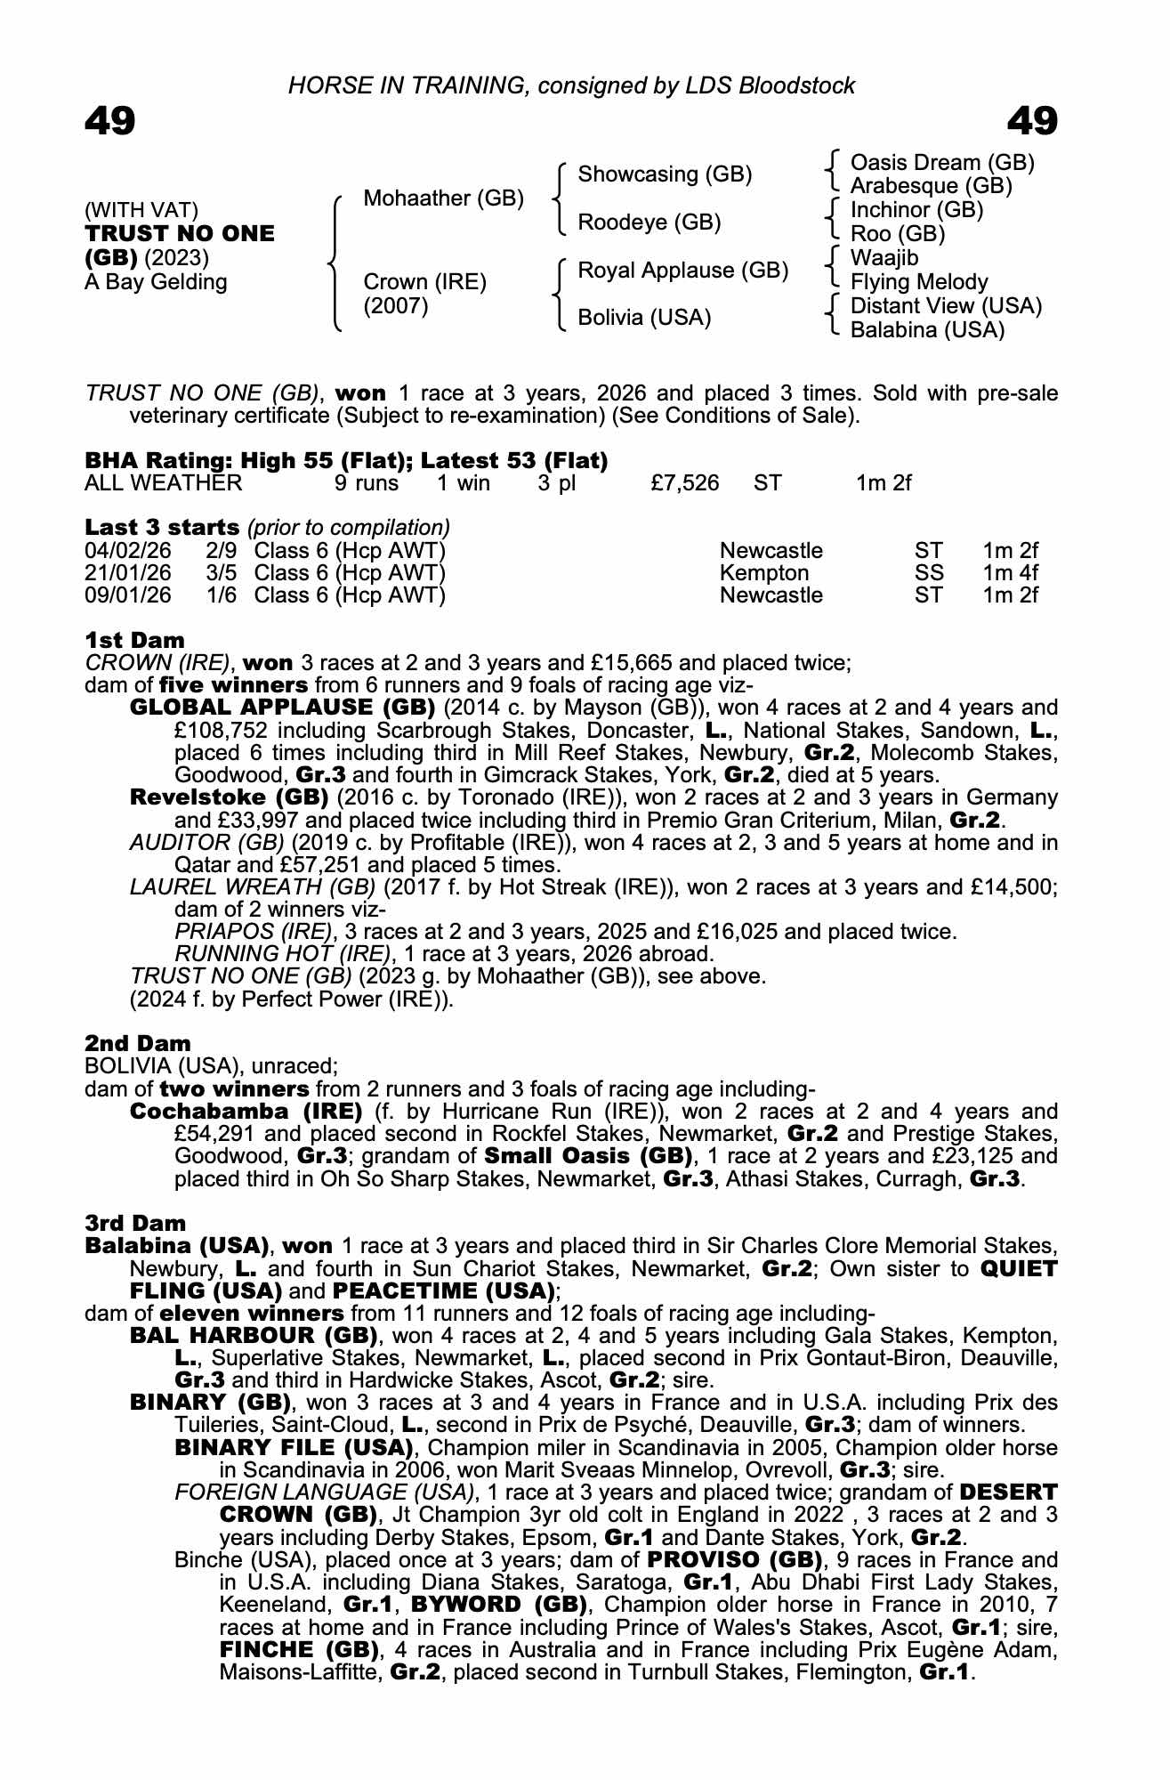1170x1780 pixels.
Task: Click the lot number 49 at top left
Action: (x=109, y=121)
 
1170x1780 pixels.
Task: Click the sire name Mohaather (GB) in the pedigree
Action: (x=443, y=198)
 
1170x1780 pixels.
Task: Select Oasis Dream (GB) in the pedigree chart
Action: (x=942, y=163)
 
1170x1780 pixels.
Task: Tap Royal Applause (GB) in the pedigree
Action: (x=682, y=271)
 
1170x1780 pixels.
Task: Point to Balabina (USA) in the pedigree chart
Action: (x=927, y=330)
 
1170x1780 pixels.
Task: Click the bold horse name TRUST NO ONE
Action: (x=180, y=234)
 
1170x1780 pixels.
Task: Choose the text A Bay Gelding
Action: (x=156, y=282)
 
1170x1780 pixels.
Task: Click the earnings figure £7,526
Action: (x=684, y=483)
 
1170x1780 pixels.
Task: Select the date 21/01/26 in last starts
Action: (x=127, y=573)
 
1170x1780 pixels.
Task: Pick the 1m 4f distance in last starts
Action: (x=1010, y=573)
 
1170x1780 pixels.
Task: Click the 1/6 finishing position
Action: (x=222, y=595)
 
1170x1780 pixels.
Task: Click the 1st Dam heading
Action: (x=134, y=640)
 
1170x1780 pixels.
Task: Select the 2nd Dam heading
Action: (x=137, y=1043)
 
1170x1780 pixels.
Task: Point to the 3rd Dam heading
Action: (x=135, y=1223)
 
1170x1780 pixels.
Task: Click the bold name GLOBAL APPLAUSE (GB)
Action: (x=282, y=708)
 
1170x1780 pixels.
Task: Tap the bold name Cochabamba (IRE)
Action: (x=246, y=1112)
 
